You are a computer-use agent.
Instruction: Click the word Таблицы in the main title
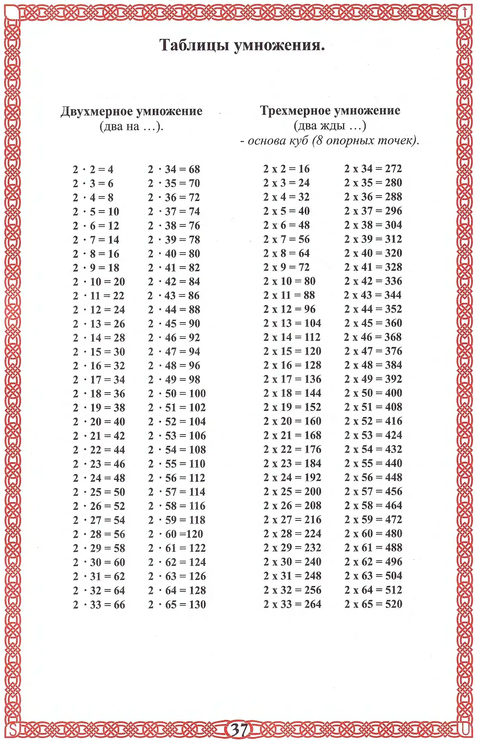(194, 45)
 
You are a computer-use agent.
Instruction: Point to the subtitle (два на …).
(131, 126)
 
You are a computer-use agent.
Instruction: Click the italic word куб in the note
(299, 141)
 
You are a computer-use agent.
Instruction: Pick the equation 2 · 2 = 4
(93, 169)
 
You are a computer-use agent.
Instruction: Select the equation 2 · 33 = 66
(99, 605)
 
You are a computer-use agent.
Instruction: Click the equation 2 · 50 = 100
(177, 393)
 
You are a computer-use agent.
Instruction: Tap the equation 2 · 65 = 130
(177, 604)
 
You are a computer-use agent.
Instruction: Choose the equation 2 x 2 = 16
(286, 169)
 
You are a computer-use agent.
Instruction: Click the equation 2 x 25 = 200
(292, 491)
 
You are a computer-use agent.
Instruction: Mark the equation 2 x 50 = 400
(373, 393)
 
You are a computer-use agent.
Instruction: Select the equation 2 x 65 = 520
(373, 604)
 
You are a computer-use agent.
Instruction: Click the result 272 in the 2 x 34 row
(393, 168)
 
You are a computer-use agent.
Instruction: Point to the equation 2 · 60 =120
(175, 534)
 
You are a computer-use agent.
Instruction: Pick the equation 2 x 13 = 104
(292, 323)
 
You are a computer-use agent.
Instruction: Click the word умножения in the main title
(279, 45)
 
